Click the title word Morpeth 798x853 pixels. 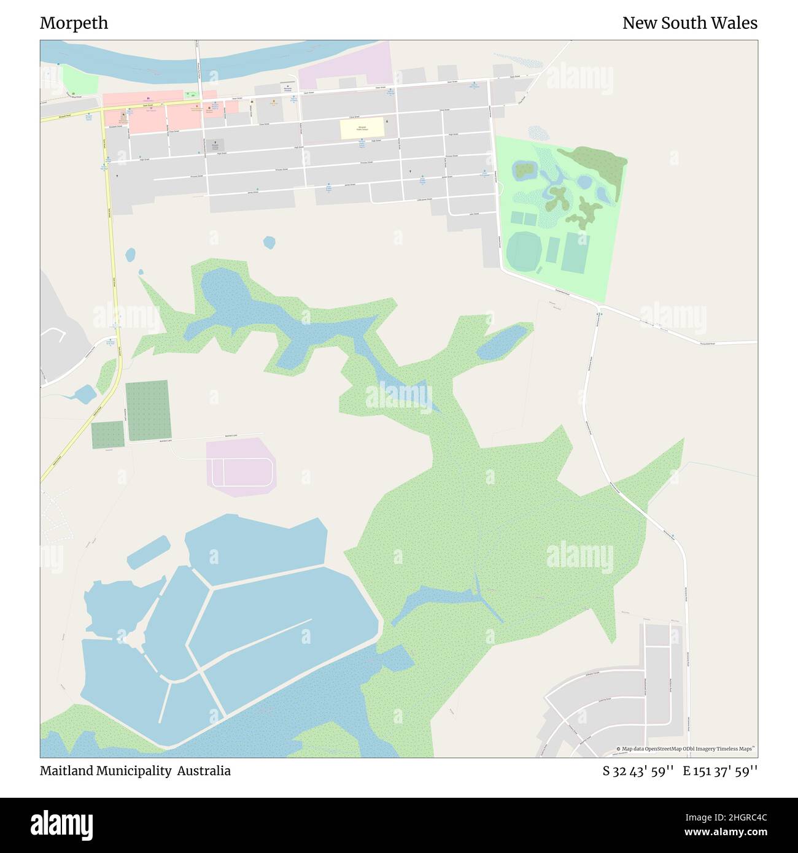(74, 23)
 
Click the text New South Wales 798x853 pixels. (689, 23)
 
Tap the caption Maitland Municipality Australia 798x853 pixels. (135, 771)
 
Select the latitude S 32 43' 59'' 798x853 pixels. (638, 771)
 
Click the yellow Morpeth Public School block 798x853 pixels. (362, 129)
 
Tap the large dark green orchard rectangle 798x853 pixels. (148, 410)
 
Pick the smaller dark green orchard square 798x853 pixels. (107, 435)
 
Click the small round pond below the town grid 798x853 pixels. (269, 242)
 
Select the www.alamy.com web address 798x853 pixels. (727, 833)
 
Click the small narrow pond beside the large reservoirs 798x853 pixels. (148, 551)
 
